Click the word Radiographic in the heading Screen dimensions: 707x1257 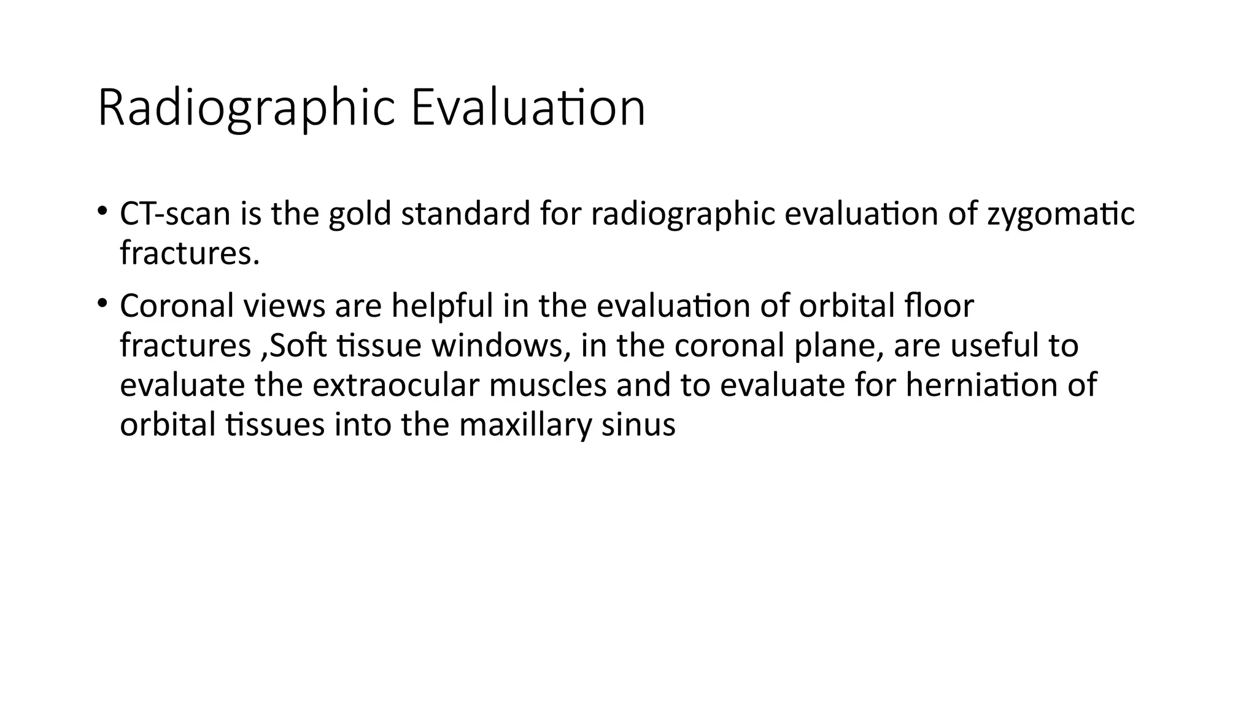point(246,109)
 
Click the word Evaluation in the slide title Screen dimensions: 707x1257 point(528,109)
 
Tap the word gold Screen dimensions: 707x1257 point(360,214)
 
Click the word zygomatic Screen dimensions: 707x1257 point(1061,214)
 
